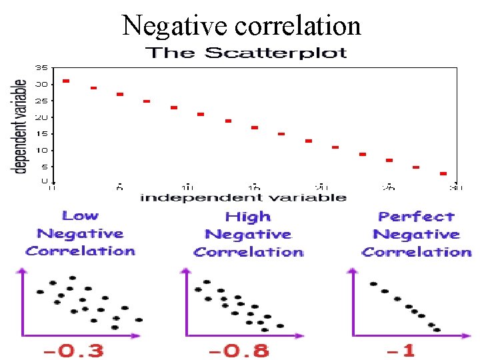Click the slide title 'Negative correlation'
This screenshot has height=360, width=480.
(x=241, y=25)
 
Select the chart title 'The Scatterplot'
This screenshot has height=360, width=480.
(x=245, y=53)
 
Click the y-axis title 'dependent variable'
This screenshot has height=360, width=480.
(x=21, y=126)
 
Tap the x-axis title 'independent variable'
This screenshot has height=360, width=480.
(x=243, y=197)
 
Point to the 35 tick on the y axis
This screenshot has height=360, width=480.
(x=41, y=68)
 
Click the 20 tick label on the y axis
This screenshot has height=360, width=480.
(x=41, y=117)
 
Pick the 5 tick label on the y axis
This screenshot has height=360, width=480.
(x=43, y=167)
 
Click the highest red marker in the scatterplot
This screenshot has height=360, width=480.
(x=66, y=81)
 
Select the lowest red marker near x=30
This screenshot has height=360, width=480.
(x=443, y=173)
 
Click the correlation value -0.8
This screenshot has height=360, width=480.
(x=238, y=350)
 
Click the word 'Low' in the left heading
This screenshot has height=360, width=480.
(x=80, y=216)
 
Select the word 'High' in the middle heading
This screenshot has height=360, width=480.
(x=248, y=217)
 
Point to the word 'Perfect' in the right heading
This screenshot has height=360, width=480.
(x=416, y=217)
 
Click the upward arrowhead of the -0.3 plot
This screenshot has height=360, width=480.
(x=24, y=271)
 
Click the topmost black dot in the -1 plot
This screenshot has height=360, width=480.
(x=373, y=284)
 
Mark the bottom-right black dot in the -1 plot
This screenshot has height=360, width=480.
(x=437, y=329)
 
